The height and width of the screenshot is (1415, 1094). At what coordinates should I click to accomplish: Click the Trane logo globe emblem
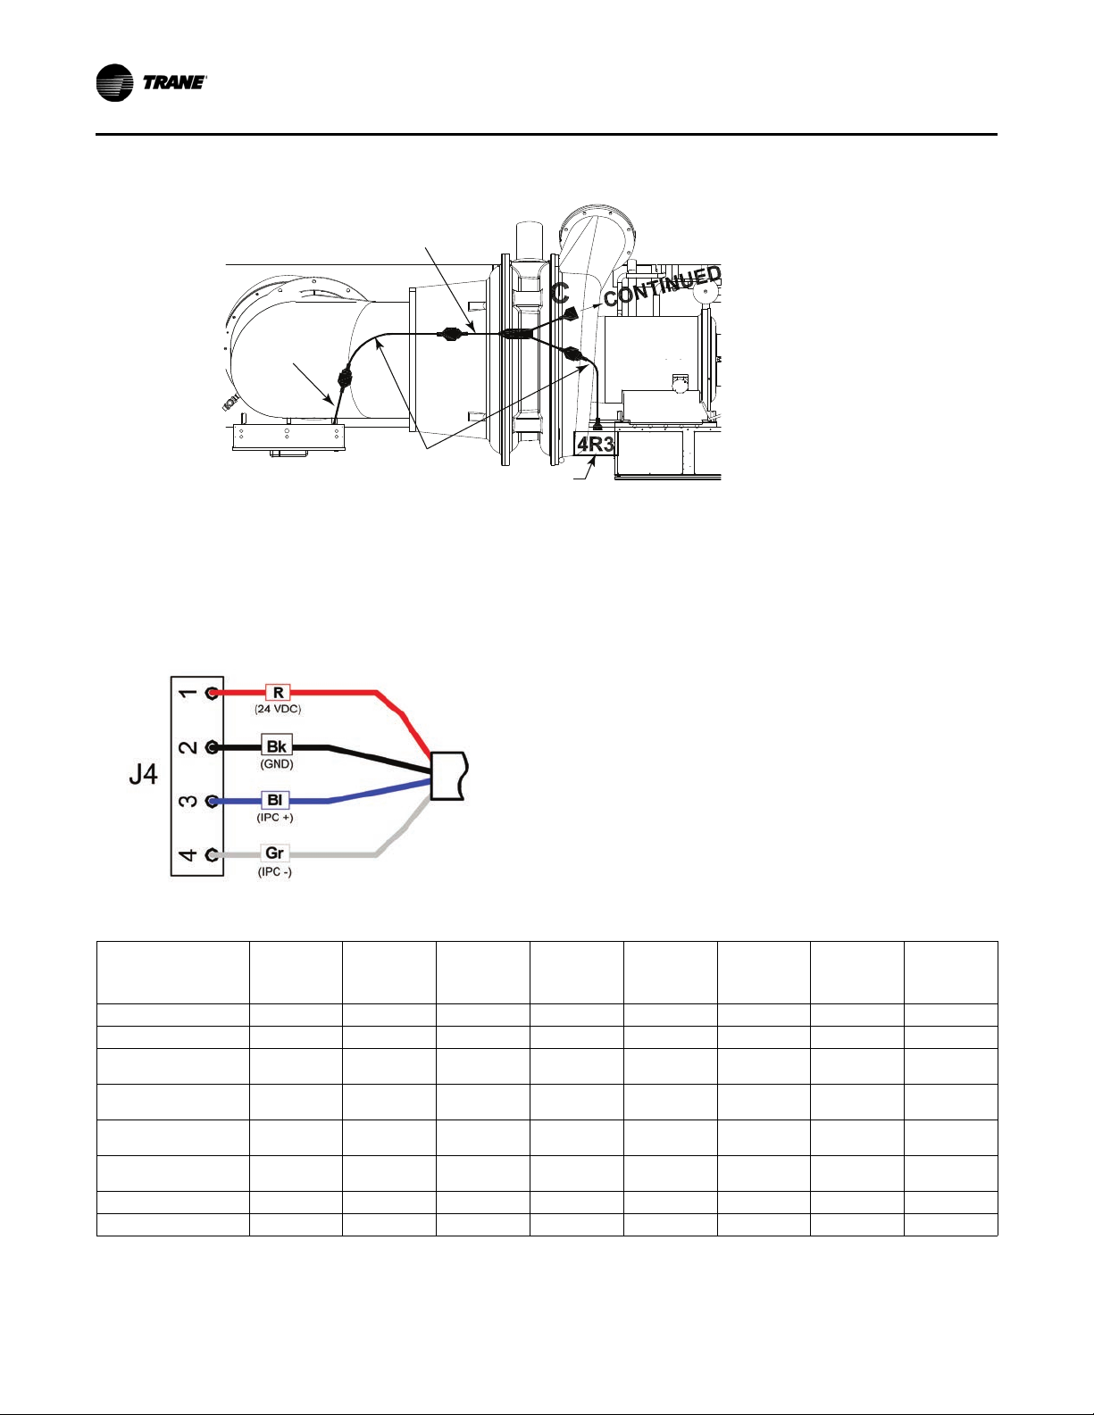[x=114, y=83]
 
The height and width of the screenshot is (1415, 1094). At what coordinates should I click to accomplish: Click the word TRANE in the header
[x=174, y=83]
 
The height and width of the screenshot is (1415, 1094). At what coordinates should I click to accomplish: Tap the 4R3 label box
[x=596, y=445]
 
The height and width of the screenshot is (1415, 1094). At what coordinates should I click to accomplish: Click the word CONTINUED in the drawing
[x=663, y=287]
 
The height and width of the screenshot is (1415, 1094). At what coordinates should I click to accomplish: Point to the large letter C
[x=560, y=293]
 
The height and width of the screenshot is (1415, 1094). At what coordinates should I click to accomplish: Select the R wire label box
[x=278, y=693]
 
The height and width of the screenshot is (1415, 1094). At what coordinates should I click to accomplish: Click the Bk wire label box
[x=277, y=746]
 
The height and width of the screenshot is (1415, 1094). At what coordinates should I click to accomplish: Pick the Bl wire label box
[x=275, y=800]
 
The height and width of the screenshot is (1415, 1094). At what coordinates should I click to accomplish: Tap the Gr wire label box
[x=275, y=853]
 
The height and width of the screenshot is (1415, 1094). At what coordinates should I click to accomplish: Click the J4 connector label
[x=143, y=775]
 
